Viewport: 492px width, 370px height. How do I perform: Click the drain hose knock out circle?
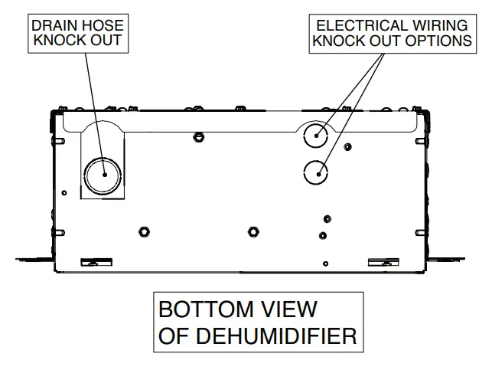pos(101,175)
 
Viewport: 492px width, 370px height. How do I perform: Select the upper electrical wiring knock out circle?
pos(315,136)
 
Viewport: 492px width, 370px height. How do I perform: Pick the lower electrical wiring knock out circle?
pos(315,172)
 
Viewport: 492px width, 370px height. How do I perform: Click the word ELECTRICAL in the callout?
pos(363,25)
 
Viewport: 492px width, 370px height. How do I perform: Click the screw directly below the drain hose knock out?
pos(144,231)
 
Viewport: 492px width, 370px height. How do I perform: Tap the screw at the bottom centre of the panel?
pos(253,231)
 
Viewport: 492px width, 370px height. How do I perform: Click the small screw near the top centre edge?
pos(199,137)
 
